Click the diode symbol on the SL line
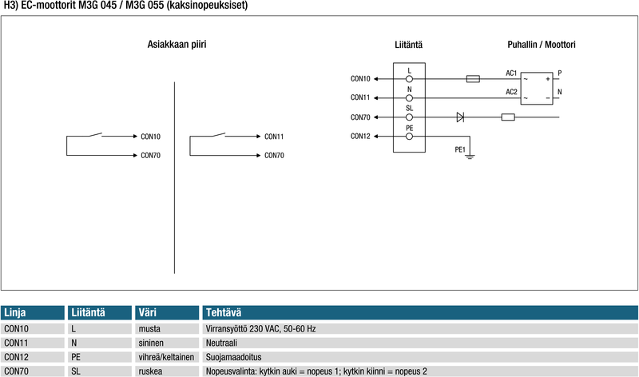click(x=461, y=117)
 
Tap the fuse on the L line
click(x=472, y=79)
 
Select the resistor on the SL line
click(x=507, y=117)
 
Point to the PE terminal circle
click(x=410, y=137)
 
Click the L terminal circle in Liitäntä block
click(x=410, y=79)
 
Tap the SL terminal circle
click(x=410, y=117)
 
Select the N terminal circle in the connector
click(x=410, y=97)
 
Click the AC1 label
click(x=511, y=73)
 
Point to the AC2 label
click(x=511, y=92)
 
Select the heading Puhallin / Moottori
click(x=541, y=45)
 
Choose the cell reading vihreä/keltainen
click(x=166, y=357)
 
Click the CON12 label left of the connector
click(x=360, y=136)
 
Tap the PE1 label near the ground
click(x=460, y=149)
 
